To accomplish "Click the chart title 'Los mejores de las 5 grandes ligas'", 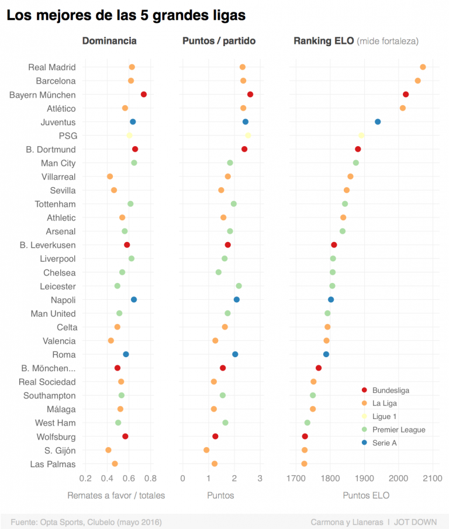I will click(126, 15).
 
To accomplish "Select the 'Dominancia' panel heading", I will click(109, 41).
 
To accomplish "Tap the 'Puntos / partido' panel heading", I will click(219, 41).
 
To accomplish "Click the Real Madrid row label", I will click(52, 67).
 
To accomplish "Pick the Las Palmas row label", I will click(53, 464).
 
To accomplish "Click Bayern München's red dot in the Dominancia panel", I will click(143, 94).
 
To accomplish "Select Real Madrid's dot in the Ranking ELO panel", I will click(423, 67).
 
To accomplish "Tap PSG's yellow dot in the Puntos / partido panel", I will click(248, 136).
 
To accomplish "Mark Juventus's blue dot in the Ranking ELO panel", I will click(378, 122).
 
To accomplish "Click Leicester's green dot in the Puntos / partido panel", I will click(239, 286).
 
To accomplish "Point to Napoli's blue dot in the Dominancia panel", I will click(134, 299).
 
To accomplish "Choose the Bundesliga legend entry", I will click(391, 390).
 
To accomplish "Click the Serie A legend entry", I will click(384, 443).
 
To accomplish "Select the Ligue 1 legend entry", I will click(384, 417).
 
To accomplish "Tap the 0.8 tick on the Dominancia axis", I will click(150, 479).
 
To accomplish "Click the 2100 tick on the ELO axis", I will click(432, 479).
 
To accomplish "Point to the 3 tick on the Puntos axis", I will click(260, 479).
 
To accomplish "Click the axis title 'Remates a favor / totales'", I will click(116, 495).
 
